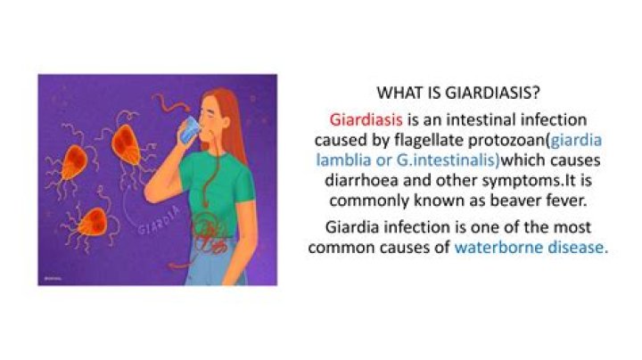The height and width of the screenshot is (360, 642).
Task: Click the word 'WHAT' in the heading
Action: point(399,92)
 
